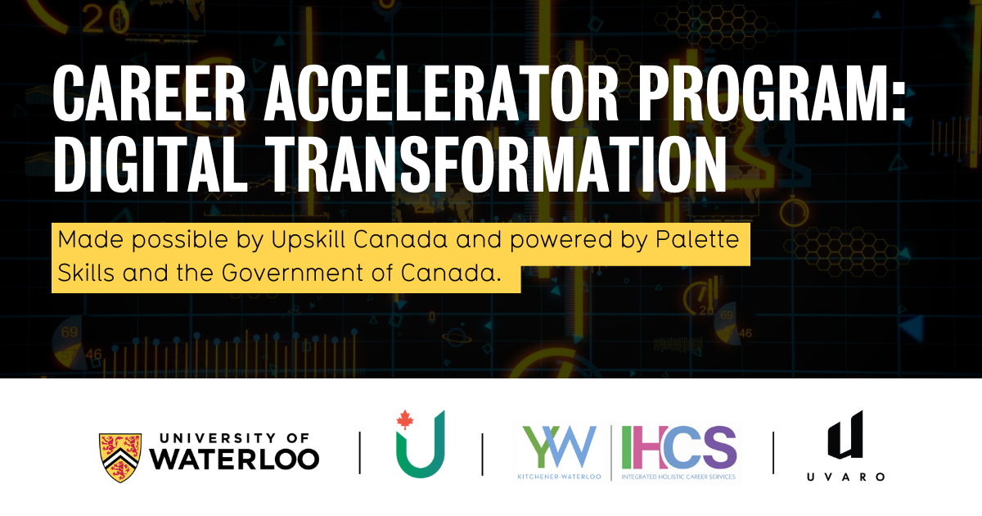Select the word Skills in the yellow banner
86,273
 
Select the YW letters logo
561,446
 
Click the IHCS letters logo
678,446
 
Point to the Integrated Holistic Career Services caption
678,476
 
